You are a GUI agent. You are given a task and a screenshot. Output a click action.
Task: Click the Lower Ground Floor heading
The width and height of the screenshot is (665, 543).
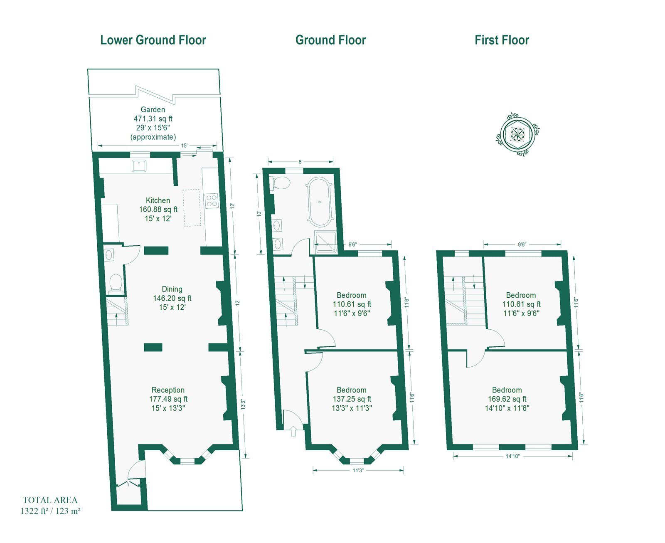(x=153, y=40)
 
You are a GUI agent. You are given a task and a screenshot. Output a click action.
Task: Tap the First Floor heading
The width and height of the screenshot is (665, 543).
(x=502, y=40)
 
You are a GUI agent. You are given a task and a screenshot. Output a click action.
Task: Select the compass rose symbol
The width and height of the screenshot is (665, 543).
(x=517, y=134)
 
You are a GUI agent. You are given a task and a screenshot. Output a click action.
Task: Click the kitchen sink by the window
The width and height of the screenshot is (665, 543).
(x=139, y=166)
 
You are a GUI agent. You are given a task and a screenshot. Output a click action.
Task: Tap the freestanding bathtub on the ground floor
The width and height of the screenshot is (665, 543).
(x=320, y=202)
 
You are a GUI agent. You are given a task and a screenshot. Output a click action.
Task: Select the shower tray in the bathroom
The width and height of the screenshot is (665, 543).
(x=326, y=242)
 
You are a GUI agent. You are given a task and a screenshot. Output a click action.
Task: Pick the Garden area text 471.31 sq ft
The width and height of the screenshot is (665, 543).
(x=153, y=118)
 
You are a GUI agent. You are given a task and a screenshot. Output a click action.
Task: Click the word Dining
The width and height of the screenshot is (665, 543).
(x=172, y=289)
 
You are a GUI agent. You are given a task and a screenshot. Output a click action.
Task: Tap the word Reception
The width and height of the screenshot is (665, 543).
(x=168, y=390)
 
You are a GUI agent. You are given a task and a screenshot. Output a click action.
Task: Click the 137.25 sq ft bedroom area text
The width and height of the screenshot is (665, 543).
(x=352, y=399)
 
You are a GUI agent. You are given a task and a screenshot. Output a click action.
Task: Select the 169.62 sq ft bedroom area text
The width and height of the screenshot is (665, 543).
(x=507, y=399)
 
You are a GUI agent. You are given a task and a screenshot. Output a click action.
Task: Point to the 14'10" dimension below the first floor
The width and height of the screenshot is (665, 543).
(x=513, y=456)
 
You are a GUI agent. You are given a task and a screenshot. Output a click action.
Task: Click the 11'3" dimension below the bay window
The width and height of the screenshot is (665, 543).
(x=358, y=470)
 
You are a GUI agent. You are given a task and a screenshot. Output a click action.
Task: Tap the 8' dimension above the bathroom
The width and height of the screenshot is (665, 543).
(x=300, y=162)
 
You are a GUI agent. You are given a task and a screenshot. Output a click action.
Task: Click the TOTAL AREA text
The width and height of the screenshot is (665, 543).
(x=50, y=500)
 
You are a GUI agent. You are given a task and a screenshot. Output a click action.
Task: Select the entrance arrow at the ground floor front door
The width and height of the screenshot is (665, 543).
(x=293, y=431)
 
